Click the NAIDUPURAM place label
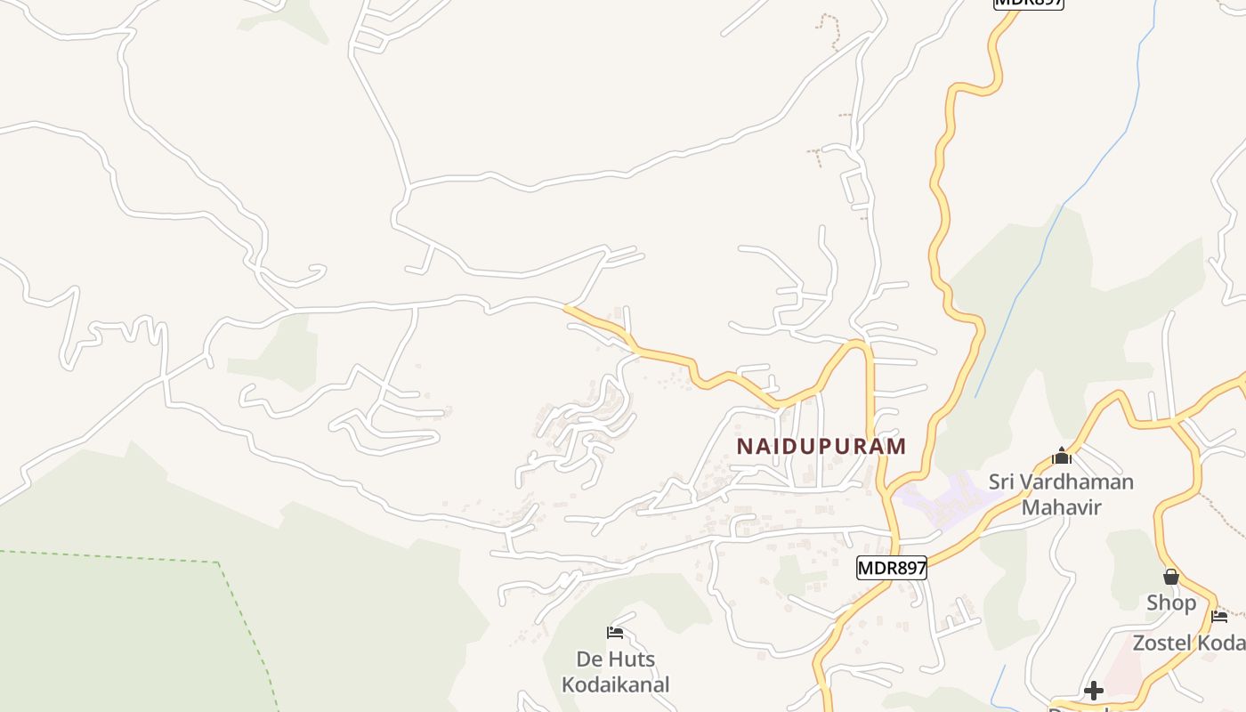(x=821, y=446)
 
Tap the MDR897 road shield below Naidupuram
(x=892, y=568)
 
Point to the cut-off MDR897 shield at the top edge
(x=1028, y=3)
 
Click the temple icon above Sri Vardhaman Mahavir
(x=1061, y=457)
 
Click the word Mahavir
(x=1061, y=507)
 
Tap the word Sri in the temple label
(x=1002, y=482)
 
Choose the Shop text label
(x=1171, y=603)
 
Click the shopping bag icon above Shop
(x=1171, y=577)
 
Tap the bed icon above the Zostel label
(x=1219, y=616)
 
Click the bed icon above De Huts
(x=615, y=633)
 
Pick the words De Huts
(x=615, y=659)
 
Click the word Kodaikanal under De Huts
(x=615, y=684)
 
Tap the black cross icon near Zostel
(x=1093, y=691)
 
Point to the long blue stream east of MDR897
(x=1059, y=214)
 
